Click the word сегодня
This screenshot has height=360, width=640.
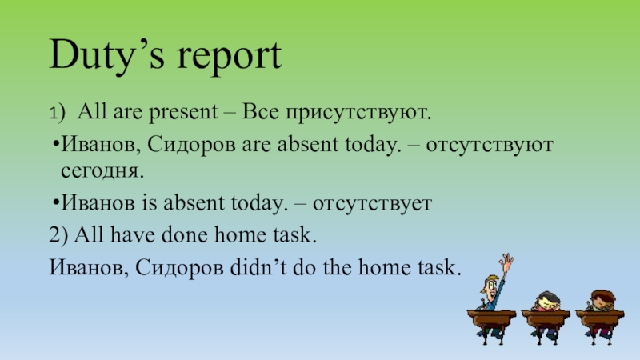(x=103, y=171)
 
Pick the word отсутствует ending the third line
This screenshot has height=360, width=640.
(x=372, y=204)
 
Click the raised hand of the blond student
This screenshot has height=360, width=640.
(x=506, y=260)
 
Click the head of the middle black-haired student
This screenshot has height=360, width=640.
(x=546, y=300)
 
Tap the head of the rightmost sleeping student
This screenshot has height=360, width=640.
(x=601, y=300)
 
